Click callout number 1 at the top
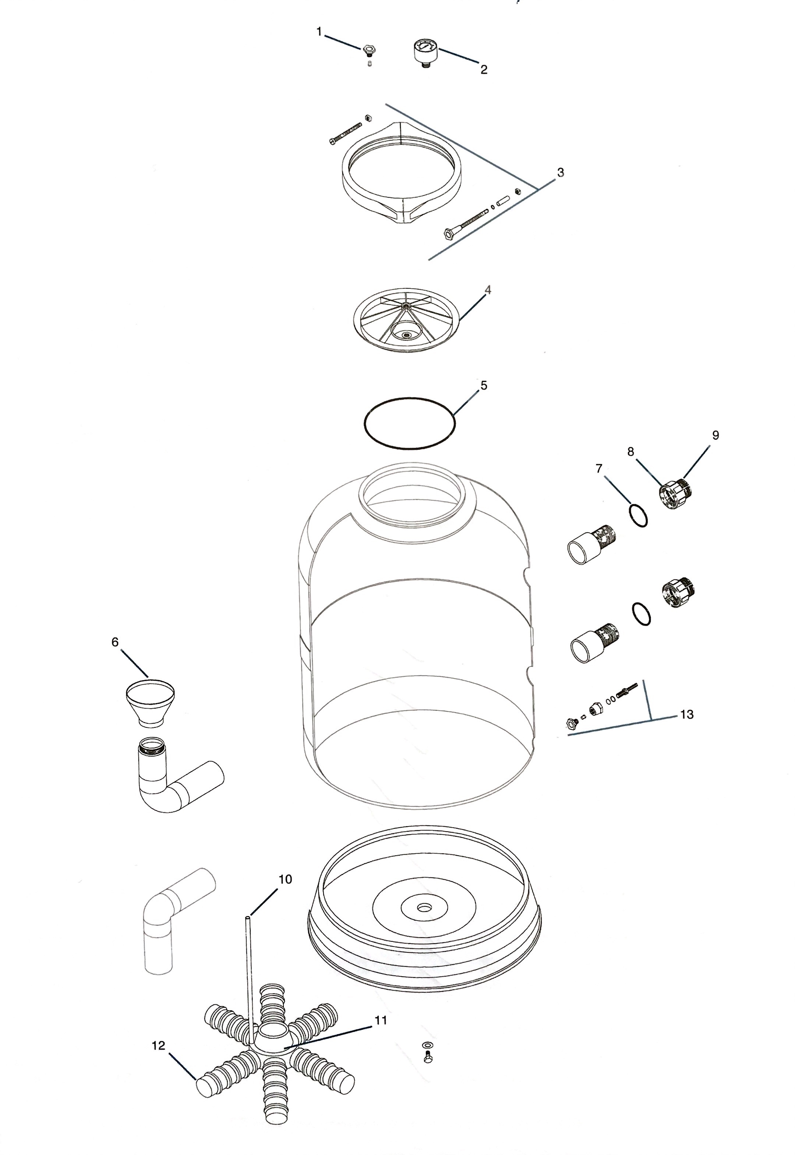pos(319,32)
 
